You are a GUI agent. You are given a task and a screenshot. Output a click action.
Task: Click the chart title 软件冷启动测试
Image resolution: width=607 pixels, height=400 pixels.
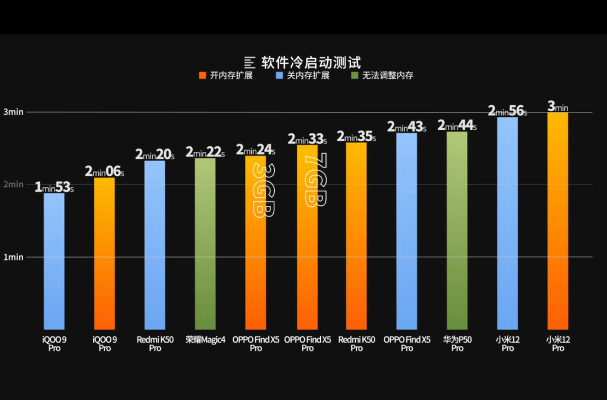(x=310, y=62)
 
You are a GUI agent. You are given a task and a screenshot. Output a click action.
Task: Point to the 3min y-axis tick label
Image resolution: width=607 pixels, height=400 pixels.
(x=13, y=112)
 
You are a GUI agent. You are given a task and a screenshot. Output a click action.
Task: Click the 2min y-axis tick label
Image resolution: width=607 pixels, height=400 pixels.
(x=13, y=185)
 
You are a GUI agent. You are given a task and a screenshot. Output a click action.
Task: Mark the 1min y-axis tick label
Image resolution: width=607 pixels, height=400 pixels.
(x=13, y=257)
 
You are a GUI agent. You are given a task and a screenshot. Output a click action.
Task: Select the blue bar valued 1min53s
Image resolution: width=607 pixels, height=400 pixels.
(x=54, y=262)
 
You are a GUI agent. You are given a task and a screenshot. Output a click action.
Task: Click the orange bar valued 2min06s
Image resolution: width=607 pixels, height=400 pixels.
(x=105, y=253)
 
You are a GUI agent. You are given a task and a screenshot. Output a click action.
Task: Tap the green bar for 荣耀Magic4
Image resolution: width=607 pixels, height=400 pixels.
(x=205, y=245)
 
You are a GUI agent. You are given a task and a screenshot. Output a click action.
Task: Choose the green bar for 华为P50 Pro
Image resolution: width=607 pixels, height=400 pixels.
(x=457, y=231)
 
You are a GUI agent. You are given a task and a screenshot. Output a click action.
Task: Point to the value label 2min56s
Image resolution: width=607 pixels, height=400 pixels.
(x=507, y=110)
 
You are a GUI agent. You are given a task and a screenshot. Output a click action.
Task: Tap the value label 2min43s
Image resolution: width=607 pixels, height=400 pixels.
(x=406, y=127)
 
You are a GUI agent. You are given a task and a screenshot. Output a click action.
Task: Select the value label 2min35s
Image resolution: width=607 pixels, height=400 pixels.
(x=356, y=136)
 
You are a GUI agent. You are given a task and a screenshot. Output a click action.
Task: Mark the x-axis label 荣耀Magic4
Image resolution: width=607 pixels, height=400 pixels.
(x=205, y=340)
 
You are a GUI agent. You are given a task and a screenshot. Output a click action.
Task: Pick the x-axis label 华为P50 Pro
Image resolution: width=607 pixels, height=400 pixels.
(x=457, y=344)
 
